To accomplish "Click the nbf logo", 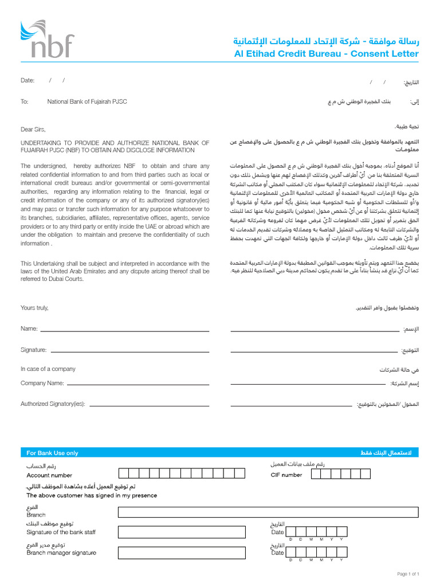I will coord(47,39).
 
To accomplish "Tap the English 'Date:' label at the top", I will coord(27,81).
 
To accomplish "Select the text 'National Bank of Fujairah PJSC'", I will coord(87,101).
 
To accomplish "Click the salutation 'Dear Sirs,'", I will coord(33,130).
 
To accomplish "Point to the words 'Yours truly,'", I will coord(34,308).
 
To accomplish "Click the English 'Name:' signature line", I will coord(124,330).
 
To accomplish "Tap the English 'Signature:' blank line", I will coord(129,351).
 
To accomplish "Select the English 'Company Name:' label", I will coord(42,383).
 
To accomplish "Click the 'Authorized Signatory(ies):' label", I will coord(53,404).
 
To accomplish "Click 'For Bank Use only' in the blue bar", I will coord(53,453).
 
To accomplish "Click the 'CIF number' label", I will coord(286,475).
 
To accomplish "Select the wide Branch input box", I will coord(268,512).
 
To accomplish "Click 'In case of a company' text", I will coord(48,369).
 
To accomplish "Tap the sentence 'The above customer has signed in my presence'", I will coord(92,495).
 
